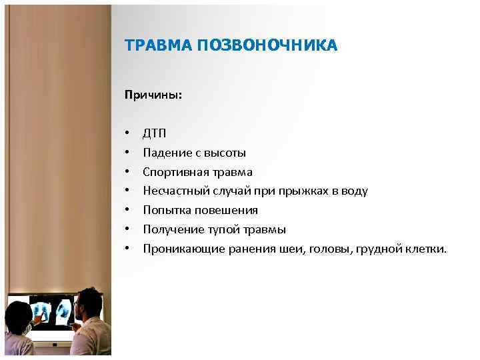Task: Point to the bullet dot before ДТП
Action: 127,134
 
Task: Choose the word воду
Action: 353,191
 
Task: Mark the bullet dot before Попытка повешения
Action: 127,211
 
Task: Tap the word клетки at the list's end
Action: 427,249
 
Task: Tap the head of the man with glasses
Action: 86,304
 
